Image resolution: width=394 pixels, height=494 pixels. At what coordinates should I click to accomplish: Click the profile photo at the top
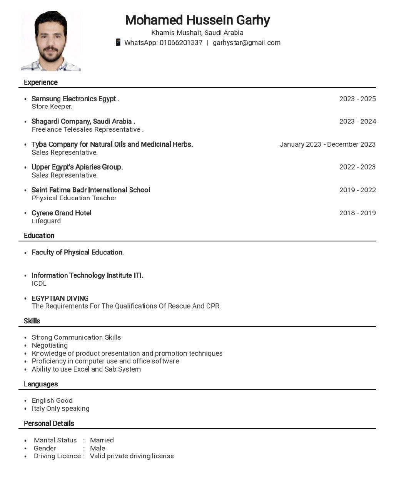coord(51,41)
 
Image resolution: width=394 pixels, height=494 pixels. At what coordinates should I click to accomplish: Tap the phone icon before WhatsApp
coord(118,42)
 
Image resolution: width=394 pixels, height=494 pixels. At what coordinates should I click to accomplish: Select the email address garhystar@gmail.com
coord(247,43)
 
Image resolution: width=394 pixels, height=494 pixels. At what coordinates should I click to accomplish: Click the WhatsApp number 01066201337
coord(181,43)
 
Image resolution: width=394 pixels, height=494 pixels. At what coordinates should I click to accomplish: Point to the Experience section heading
coord(41,82)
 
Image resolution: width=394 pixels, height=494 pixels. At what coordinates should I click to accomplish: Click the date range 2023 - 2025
coord(357,99)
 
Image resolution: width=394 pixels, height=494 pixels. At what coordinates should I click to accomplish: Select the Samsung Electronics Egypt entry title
coord(75,99)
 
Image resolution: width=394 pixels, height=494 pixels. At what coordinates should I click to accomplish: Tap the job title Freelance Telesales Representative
coord(87,129)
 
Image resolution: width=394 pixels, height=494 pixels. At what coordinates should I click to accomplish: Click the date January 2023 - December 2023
coord(327,144)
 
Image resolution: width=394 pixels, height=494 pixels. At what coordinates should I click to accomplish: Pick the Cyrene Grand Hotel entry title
coord(62,213)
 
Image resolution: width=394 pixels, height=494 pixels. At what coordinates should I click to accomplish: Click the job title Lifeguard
coord(46,221)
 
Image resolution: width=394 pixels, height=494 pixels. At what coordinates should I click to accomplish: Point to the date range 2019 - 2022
coord(357,190)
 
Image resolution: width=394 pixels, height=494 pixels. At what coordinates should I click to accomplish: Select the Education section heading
coord(39,236)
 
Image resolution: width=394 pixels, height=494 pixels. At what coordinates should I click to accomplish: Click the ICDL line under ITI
coord(39,283)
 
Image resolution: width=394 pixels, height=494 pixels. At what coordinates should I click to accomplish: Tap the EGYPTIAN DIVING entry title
coord(60,298)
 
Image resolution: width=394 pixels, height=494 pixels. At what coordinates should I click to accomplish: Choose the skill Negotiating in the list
coord(50,345)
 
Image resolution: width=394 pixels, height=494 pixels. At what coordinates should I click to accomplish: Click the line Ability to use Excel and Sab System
coord(86,369)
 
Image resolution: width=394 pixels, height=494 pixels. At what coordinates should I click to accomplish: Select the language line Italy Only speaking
coord(60,409)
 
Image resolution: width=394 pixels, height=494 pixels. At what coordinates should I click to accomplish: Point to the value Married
coord(102,440)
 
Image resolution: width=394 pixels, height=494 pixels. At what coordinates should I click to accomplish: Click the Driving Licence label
coord(57,456)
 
